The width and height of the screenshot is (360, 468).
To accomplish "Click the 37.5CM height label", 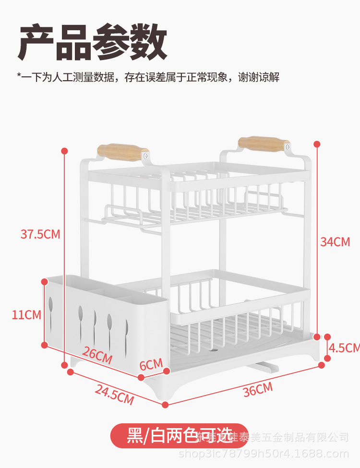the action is coord(40,234).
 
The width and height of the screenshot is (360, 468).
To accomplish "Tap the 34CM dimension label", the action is coord(335,241).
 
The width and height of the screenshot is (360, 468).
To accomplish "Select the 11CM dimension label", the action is coord(26,315).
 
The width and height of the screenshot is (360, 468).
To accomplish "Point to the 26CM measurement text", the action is coord(97,355).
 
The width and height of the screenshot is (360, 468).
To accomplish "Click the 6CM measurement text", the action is coord(151,364).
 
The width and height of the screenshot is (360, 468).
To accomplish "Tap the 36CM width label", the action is coord(257,389).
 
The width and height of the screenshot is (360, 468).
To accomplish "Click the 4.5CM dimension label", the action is coord(344,347).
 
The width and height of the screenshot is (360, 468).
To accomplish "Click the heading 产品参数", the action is coord(92,43).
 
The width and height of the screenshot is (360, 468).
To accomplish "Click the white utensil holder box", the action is coord(106,317).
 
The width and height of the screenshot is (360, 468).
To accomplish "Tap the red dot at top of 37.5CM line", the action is coord(65,151).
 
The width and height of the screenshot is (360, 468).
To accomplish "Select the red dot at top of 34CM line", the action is coord(317,144).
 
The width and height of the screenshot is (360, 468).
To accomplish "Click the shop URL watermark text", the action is coord(264,454).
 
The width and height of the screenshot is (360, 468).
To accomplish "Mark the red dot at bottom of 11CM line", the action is coord(45,345).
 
